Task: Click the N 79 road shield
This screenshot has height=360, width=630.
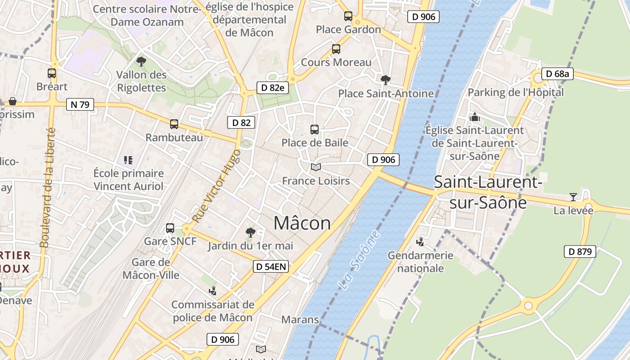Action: [x=80, y=105]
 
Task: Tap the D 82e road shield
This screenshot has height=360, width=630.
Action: [x=273, y=87]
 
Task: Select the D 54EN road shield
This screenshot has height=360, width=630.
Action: [x=270, y=266]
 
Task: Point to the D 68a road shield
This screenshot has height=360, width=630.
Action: [x=557, y=74]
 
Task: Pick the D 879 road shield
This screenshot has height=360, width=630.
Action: [x=580, y=252]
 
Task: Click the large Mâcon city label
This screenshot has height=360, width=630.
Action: [x=302, y=223]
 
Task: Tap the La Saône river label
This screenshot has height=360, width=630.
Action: [x=359, y=260]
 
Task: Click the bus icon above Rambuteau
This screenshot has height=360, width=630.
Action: [x=174, y=124]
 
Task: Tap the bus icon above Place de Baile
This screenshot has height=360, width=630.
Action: [x=315, y=130]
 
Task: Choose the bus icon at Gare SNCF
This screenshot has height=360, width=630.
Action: [x=170, y=228]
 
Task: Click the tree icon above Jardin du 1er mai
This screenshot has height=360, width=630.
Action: [x=251, y=233]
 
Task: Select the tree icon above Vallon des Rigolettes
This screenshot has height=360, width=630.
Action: [x=141, y=61]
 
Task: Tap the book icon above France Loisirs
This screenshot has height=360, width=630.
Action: [x=316, y=167]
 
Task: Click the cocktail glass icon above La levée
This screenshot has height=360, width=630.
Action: [x=573, y=197]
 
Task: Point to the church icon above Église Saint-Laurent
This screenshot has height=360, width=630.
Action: [x=475, y=117]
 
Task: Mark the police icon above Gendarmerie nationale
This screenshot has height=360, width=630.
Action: [x=420, y=242]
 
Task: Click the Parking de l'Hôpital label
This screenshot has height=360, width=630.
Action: [x=516, y=92]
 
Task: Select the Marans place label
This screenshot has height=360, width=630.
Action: [x=300, y=319]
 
